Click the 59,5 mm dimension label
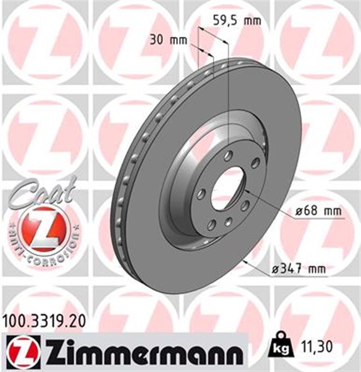pos(234,21)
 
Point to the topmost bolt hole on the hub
pos(228,155)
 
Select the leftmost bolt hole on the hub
pos(201,193)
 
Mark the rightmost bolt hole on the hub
pos(255,163)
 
